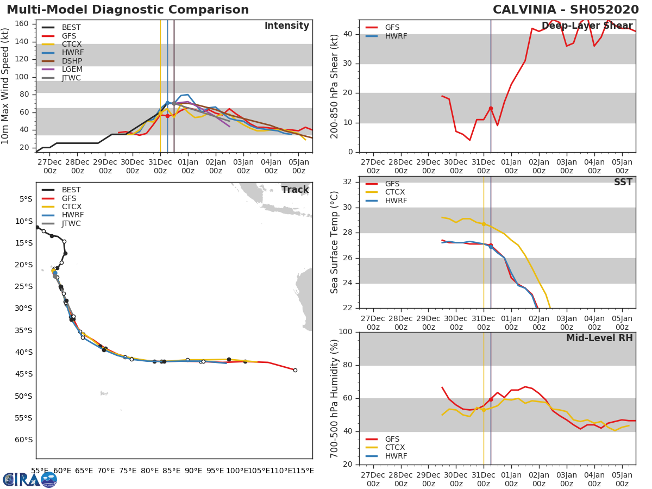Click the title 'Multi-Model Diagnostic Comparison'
128,10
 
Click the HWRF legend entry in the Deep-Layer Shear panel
396,36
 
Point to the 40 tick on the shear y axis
348,34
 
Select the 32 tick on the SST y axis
348,182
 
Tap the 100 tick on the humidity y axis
346,332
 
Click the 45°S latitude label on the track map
23,374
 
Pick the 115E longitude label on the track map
302,471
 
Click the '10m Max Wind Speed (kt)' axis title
6,86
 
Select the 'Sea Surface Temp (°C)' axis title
335,242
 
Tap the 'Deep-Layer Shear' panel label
587,26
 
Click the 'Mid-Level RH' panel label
599,338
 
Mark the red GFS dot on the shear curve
491,108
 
